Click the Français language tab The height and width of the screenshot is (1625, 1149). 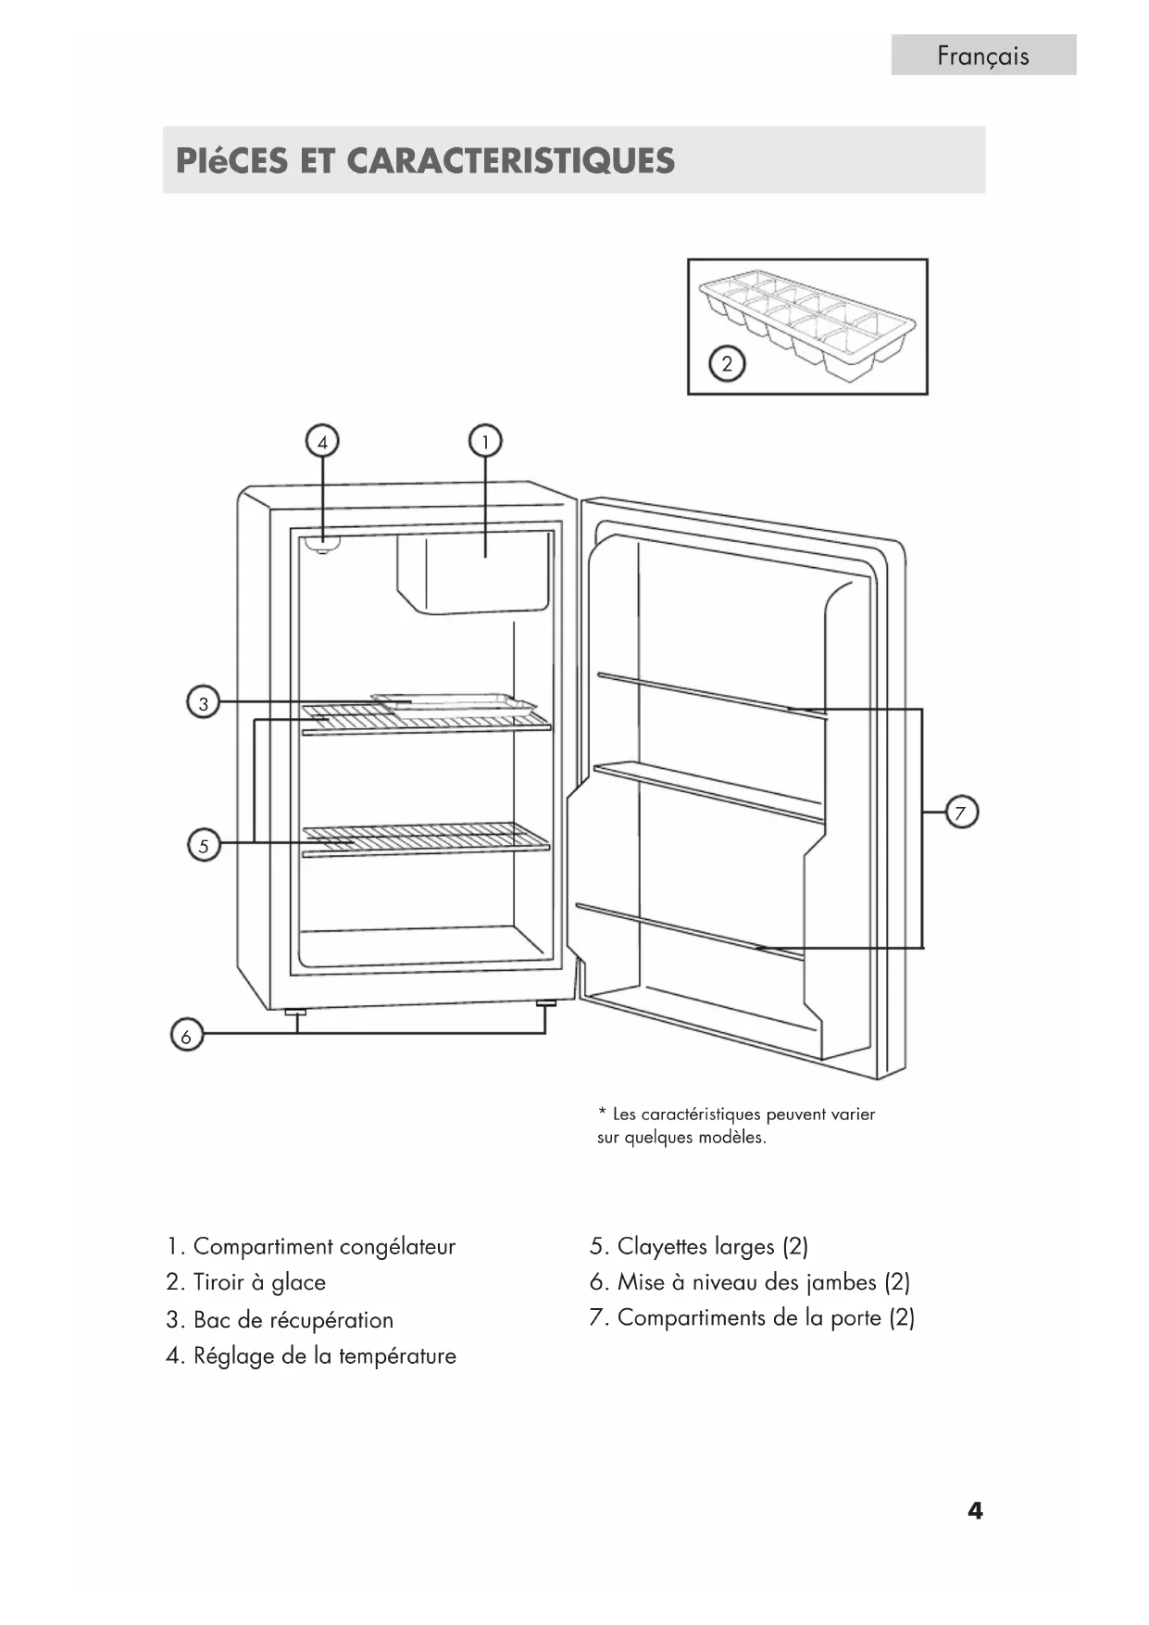pyautogui.click(x=983, y=55)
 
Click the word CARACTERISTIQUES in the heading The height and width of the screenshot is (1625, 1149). pyautogui.click(x=510, y=161)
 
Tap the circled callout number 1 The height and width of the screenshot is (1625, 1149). pyautogui.click(x=485, y=442)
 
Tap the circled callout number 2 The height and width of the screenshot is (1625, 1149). pyautogui.click(x=727, y=364)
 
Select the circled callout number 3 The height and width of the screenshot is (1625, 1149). pyautogui.click(x=204, y=703)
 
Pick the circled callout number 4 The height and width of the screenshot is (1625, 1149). pyautogui.click(x=322, y=442)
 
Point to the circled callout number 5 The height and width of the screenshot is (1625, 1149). pyautogui.click(x=204, y=845)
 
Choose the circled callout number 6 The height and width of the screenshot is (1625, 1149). pyautogui.click(x=186, y=1037)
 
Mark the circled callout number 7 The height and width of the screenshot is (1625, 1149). pyautogui.click(x=961, y=813)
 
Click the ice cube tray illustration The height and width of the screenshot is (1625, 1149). pyautogui.click(x=808, y=326)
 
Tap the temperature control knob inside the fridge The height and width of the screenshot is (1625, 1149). pyautogui.click(x=323, y=545)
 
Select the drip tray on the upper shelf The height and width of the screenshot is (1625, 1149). pyautogui.click(x=454, y=702)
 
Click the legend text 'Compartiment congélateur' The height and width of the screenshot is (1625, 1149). pyautogui.click(x=324, y=1247)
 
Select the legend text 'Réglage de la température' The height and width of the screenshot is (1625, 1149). pyautogui.click(x=325, y=1356)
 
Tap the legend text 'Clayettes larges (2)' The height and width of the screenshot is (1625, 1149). pyautogui.click(x=713, y=1247)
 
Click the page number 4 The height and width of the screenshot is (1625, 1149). pyautogui.click(x=975, y=1511)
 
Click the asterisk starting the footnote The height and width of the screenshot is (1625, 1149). pyautogui.click(x=602, y=1112)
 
